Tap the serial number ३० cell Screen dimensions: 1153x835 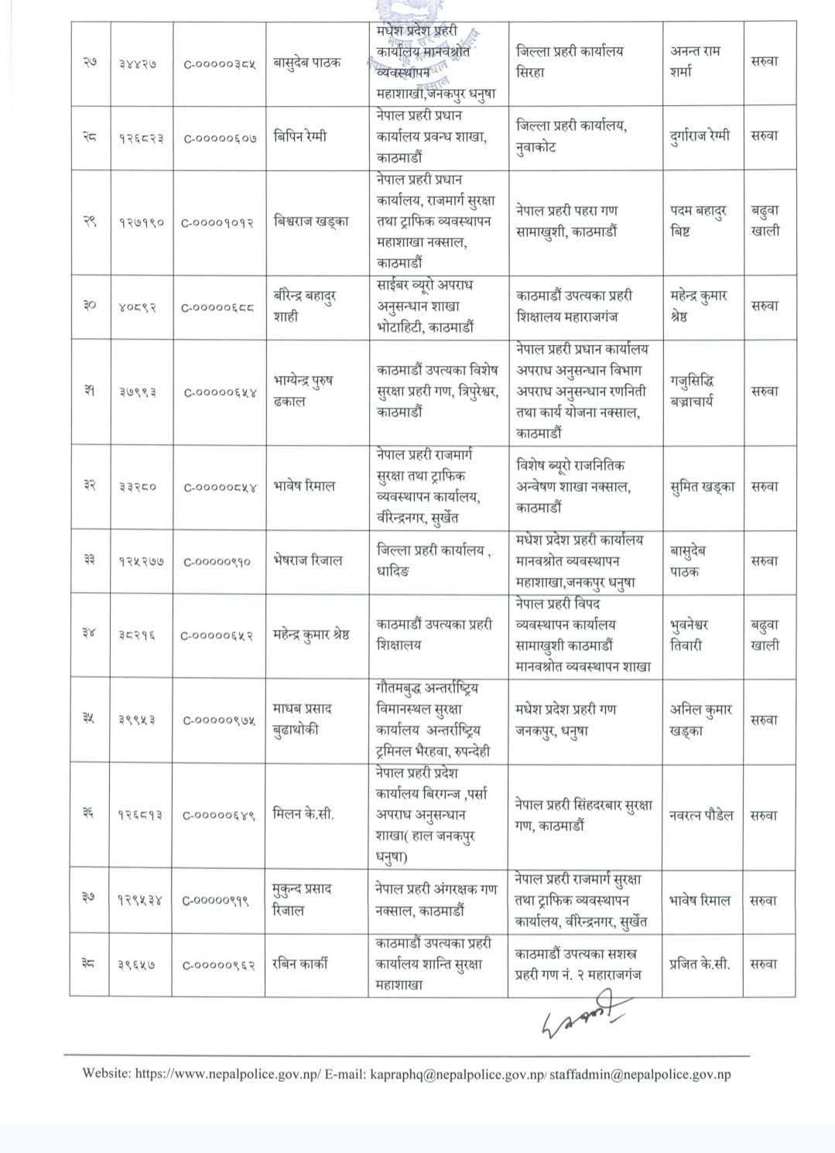89,306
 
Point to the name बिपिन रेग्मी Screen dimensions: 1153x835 300,136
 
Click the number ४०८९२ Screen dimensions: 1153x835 139,306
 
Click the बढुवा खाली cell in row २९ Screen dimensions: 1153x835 765,221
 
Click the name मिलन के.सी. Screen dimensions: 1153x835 303,815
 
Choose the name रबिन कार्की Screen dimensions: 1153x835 300,964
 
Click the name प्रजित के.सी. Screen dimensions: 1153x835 699,964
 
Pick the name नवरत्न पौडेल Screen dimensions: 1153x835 702,815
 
